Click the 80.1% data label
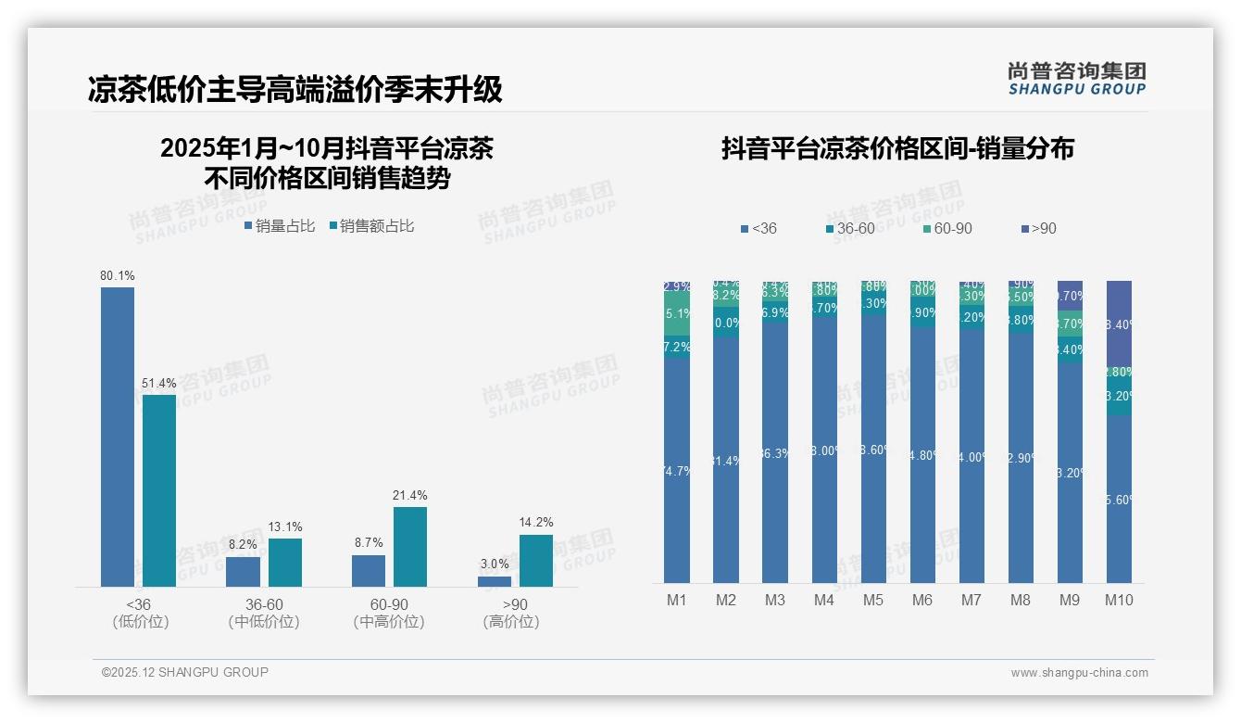click(118, 275)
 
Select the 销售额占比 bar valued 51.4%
click(159, 490)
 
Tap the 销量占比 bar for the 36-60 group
click(243, 571)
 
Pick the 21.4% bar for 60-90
click(409, 546)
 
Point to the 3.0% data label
click(495, 564)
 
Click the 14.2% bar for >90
click(535, 560)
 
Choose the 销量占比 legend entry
click(280, 225)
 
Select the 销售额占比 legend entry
click(371, 225)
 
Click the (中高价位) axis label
click(389, 622)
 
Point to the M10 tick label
click(1119, 600)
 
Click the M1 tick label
click(677, 600)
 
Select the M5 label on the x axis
click(873, 600)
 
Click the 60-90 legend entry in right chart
click(946, 228)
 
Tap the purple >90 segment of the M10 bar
click(1119, 324)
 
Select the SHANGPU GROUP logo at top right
click(1076, 78)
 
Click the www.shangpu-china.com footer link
click(1079, 673)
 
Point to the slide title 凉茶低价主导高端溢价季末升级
click(295, 89)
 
